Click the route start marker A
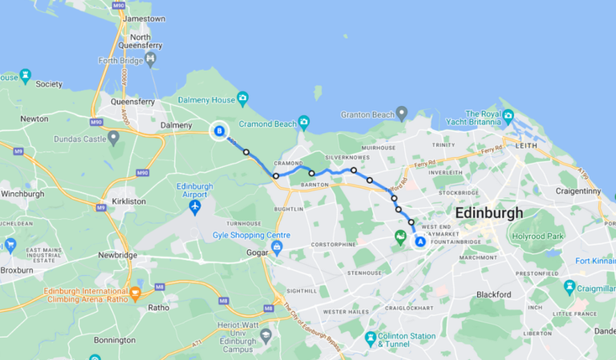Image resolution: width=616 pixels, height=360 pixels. [x=419, y=241]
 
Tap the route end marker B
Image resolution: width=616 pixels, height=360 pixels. [x=218, y=131]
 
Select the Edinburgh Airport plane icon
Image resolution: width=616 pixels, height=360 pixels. [x=195, y=207]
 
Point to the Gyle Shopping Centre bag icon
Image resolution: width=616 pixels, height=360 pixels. [x=277, y=246]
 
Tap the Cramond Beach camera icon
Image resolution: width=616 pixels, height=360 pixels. [x=303, y=123]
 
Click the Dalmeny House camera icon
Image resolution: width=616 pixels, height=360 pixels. [x=242, y=99]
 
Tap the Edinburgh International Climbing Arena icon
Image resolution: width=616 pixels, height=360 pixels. [x=135, y=292]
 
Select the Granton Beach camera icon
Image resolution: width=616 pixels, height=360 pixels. [x=403, y=115]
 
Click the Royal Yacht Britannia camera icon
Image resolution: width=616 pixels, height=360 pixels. [x=507, y=115]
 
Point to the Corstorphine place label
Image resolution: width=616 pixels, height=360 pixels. [x=331, y=243]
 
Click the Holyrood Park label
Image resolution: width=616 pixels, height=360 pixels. [x=539, y=237]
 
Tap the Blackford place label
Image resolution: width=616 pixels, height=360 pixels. [x=493, y=294]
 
